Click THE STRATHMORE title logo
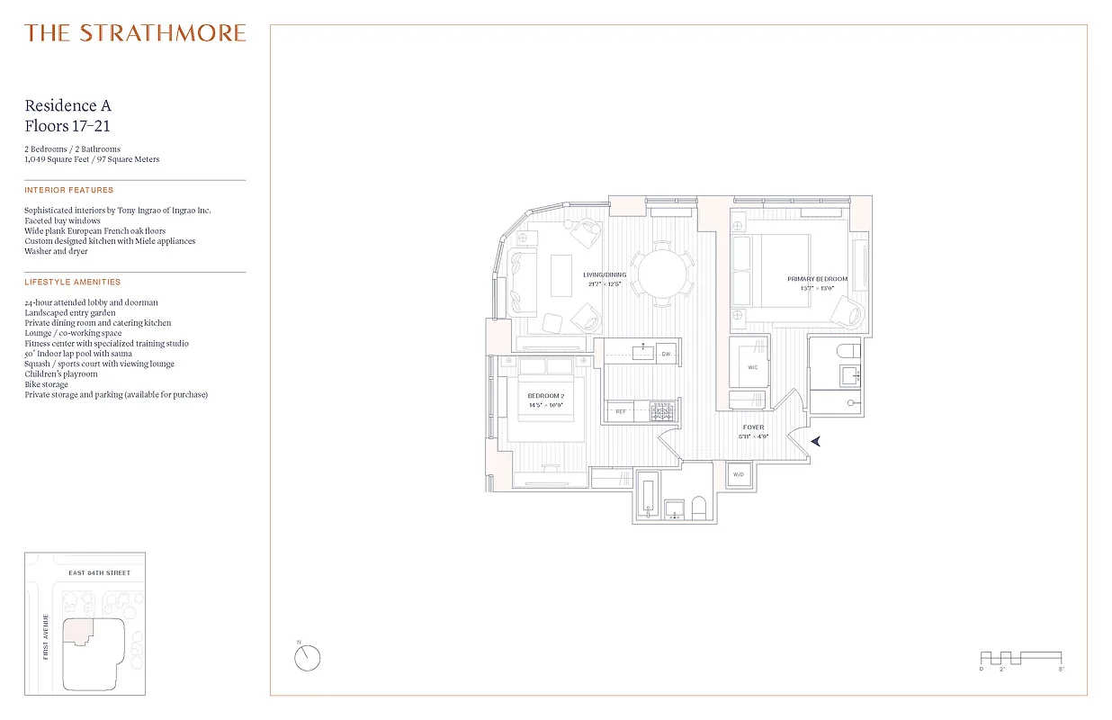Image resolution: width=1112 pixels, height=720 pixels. tap(135, 34)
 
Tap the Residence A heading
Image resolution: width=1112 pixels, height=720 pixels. tap(68, 106)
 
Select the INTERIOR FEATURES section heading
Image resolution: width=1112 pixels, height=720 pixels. tap(69, 191)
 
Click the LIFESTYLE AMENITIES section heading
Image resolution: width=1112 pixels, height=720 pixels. tap(71, 283)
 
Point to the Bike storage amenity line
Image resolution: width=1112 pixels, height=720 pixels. tap(49, 384)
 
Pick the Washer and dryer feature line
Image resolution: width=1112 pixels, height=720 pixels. tap(56, 251)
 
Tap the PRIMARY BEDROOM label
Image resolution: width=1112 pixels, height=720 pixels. tap(817, 279)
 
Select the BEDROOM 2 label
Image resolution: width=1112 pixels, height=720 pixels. tap(546, 396)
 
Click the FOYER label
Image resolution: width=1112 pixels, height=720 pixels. tap(753, 427)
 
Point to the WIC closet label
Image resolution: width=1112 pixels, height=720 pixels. tap(753, 367)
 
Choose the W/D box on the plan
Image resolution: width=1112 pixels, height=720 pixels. tap(738, 473)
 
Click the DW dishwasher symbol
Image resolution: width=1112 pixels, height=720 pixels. tap(666, 354)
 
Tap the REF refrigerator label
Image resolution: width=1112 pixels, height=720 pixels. tap(621, 412)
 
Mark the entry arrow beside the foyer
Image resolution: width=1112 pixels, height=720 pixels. tap(816, 441)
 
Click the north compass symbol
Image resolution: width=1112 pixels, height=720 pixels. tap(308, 658)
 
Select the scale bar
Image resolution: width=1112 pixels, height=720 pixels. tap(1020, 658)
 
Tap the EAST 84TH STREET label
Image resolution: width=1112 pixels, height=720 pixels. tap(100, 573)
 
